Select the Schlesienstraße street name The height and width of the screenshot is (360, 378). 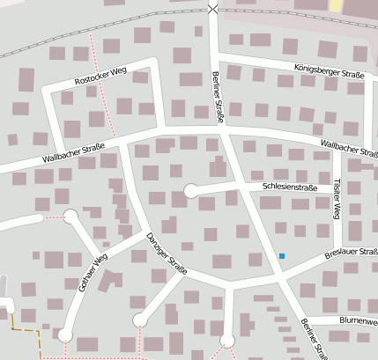point(289,187)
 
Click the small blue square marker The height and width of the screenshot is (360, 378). point(282,256)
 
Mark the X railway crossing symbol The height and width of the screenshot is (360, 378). point(211,9)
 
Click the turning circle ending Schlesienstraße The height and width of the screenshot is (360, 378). point(190,190)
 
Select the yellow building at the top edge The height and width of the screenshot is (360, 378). point(335,5)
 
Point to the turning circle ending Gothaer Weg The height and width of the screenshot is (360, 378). point(65,334)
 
